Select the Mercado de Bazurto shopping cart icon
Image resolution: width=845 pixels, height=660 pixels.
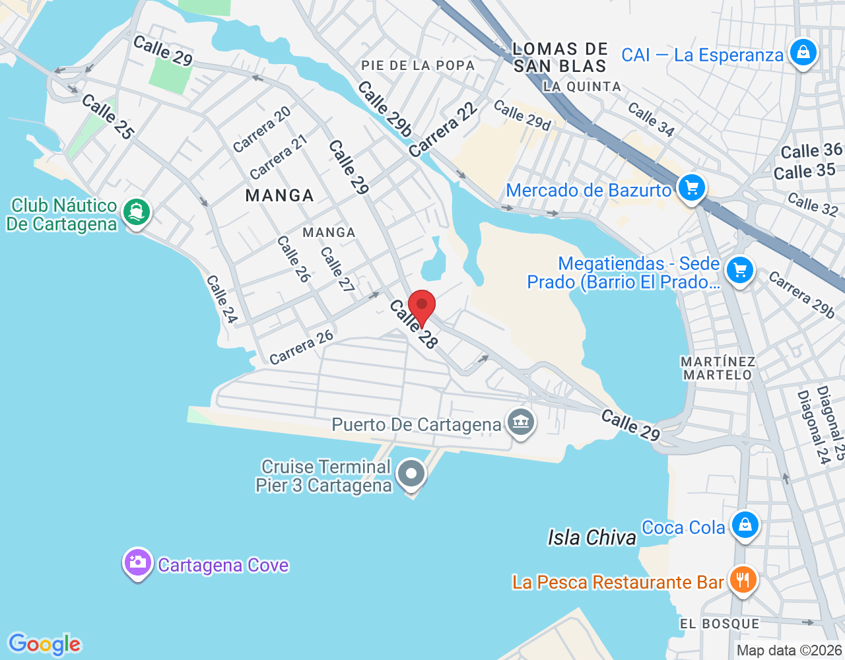[692, 188]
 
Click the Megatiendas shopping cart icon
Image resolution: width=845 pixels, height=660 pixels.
[739, 270]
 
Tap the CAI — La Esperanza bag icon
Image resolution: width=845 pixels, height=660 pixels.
[803, 52]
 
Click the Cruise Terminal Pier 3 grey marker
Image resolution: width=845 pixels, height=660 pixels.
[413, 473]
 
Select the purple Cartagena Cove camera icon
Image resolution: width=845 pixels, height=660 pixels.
[137, 562]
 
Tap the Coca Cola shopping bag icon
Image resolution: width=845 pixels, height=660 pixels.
[745, 525]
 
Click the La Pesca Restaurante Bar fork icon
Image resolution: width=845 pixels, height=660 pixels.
[743, 580]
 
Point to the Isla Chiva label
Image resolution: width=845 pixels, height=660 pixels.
[591, 538]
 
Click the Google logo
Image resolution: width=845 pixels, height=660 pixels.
[44, 644]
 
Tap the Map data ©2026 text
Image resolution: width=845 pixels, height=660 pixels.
[790, 651]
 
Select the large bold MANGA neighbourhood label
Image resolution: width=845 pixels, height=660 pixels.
[280, 195]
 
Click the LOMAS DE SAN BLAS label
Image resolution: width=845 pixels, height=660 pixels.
[560, 57]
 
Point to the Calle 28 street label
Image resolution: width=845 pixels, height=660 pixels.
[414, 324]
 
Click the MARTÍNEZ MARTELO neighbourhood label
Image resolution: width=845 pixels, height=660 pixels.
[718, 368]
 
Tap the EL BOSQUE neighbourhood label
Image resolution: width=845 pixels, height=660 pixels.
[720, 624]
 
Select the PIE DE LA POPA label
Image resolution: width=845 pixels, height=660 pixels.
[418, 65]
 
